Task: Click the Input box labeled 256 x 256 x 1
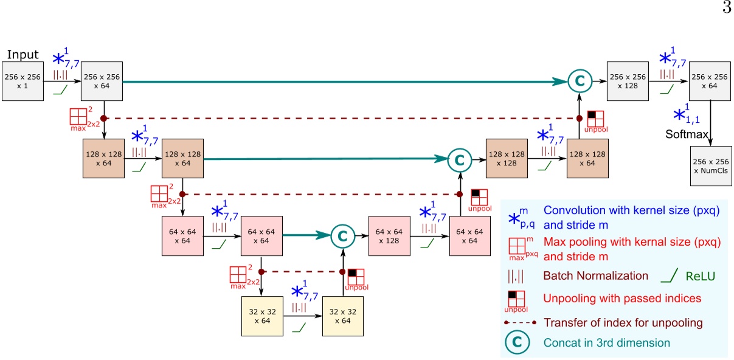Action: [22, 81]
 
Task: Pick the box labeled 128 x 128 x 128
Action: [505, 160]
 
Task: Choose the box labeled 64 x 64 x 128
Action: [389, 236]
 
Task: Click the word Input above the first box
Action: [23, 55]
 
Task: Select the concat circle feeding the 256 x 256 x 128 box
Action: [579, 81]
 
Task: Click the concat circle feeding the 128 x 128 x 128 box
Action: [460, 160]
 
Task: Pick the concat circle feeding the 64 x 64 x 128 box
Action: [342, 236]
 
